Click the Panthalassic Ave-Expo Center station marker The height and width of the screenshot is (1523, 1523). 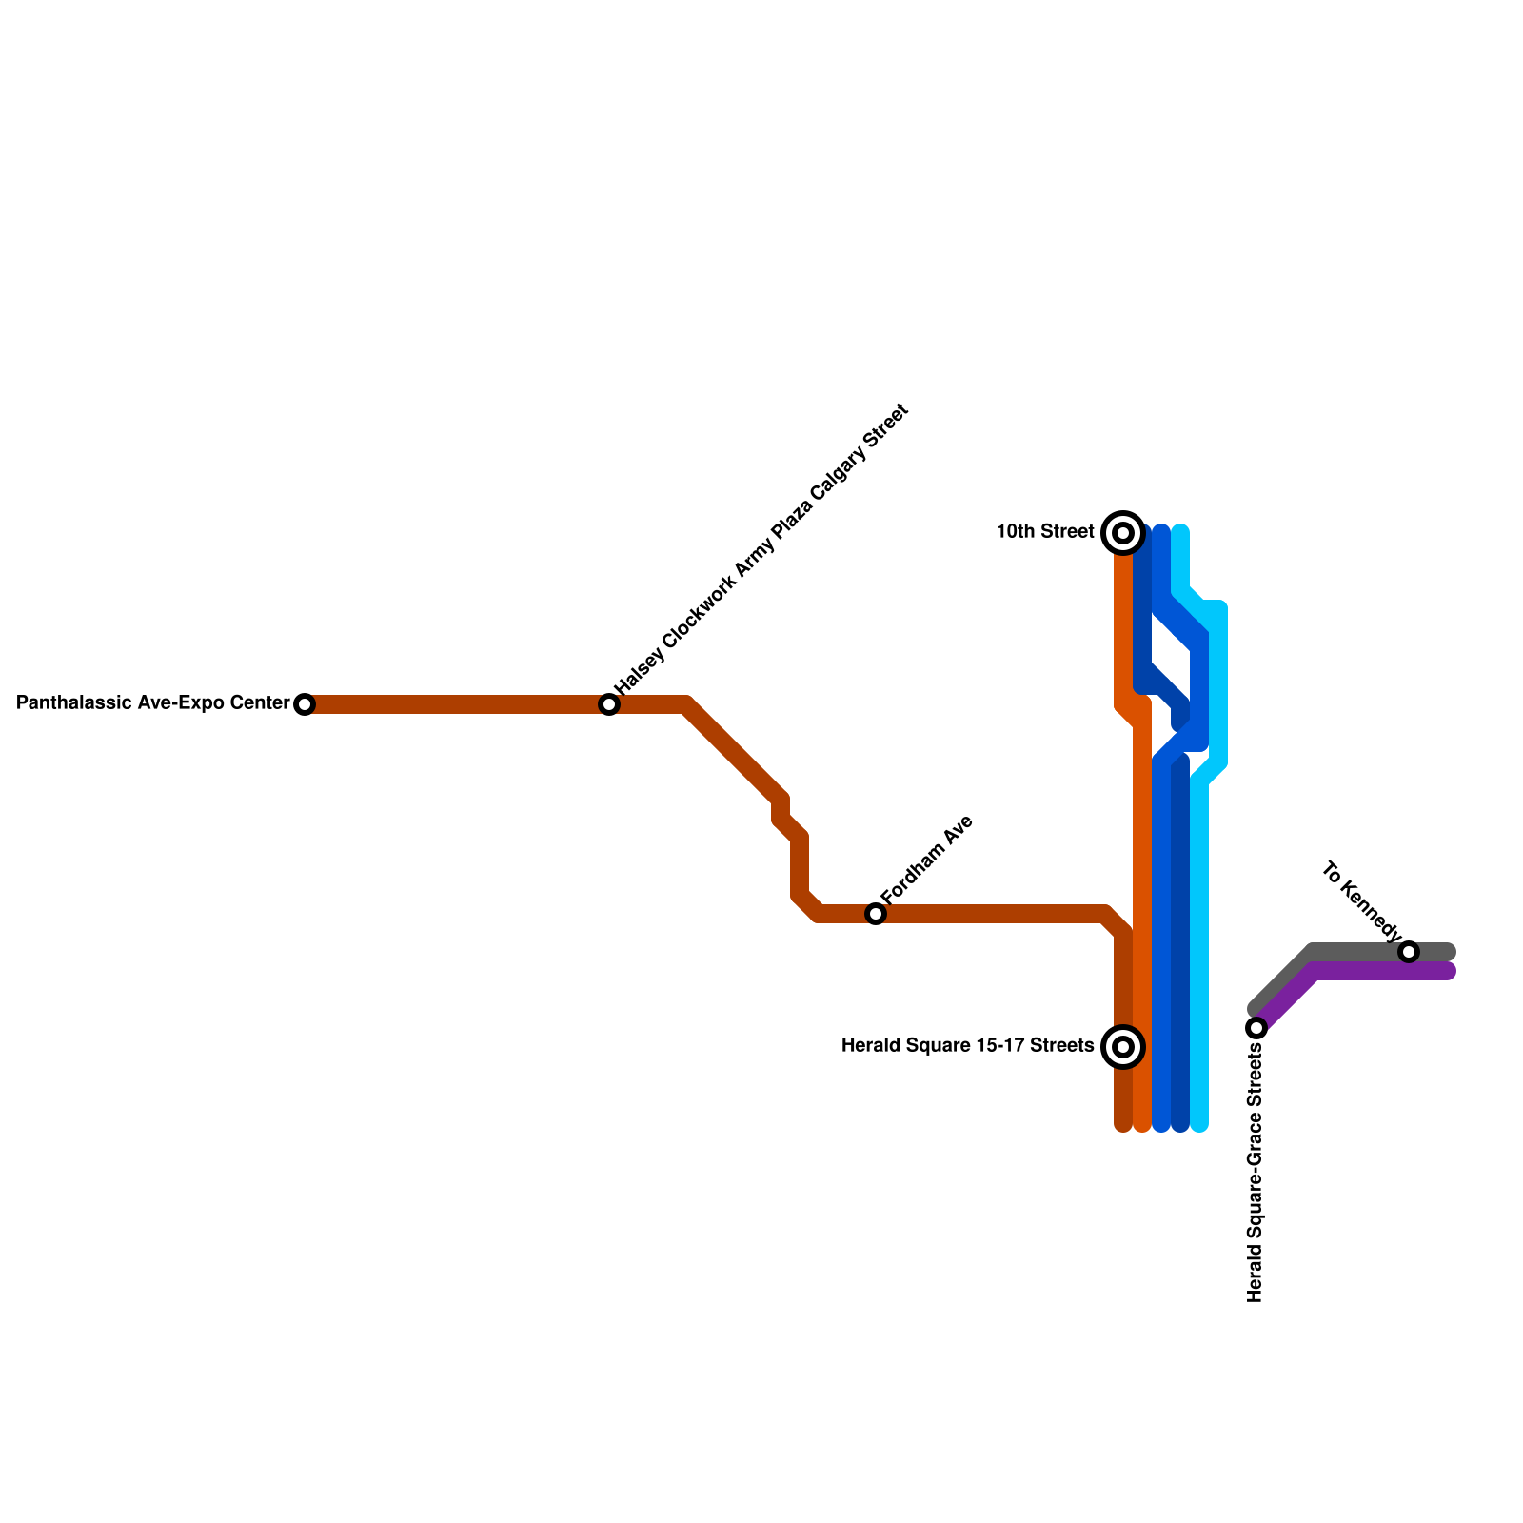click(x=305, y=704)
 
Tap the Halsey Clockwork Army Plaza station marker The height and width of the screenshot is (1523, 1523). click(x=609, y=704)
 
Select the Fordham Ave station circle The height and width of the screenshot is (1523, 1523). click(x=876, y=914)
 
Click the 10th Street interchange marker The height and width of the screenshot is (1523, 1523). click(x=1123, y=533)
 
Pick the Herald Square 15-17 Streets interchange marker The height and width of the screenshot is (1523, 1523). click(x=1123, y=1047)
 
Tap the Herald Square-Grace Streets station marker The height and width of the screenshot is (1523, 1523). click(x=1256, y=1028)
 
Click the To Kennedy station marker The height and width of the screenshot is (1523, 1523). click(x=1409, y=952)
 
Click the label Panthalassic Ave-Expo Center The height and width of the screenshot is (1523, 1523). click(x=153, y=703)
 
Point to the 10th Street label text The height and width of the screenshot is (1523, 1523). click(x=1045, y=532)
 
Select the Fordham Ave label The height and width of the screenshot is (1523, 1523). click(x=927, y=860)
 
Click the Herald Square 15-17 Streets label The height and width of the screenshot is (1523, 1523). click(x=967, y=1047)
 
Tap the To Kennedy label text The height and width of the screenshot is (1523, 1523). click(x=1361, y=900)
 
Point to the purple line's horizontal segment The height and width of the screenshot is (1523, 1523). click(x=1380, y=972)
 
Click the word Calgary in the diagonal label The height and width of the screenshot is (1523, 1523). click(x=838, y=474)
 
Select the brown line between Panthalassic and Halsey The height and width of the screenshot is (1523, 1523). click(x=457, y=704)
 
